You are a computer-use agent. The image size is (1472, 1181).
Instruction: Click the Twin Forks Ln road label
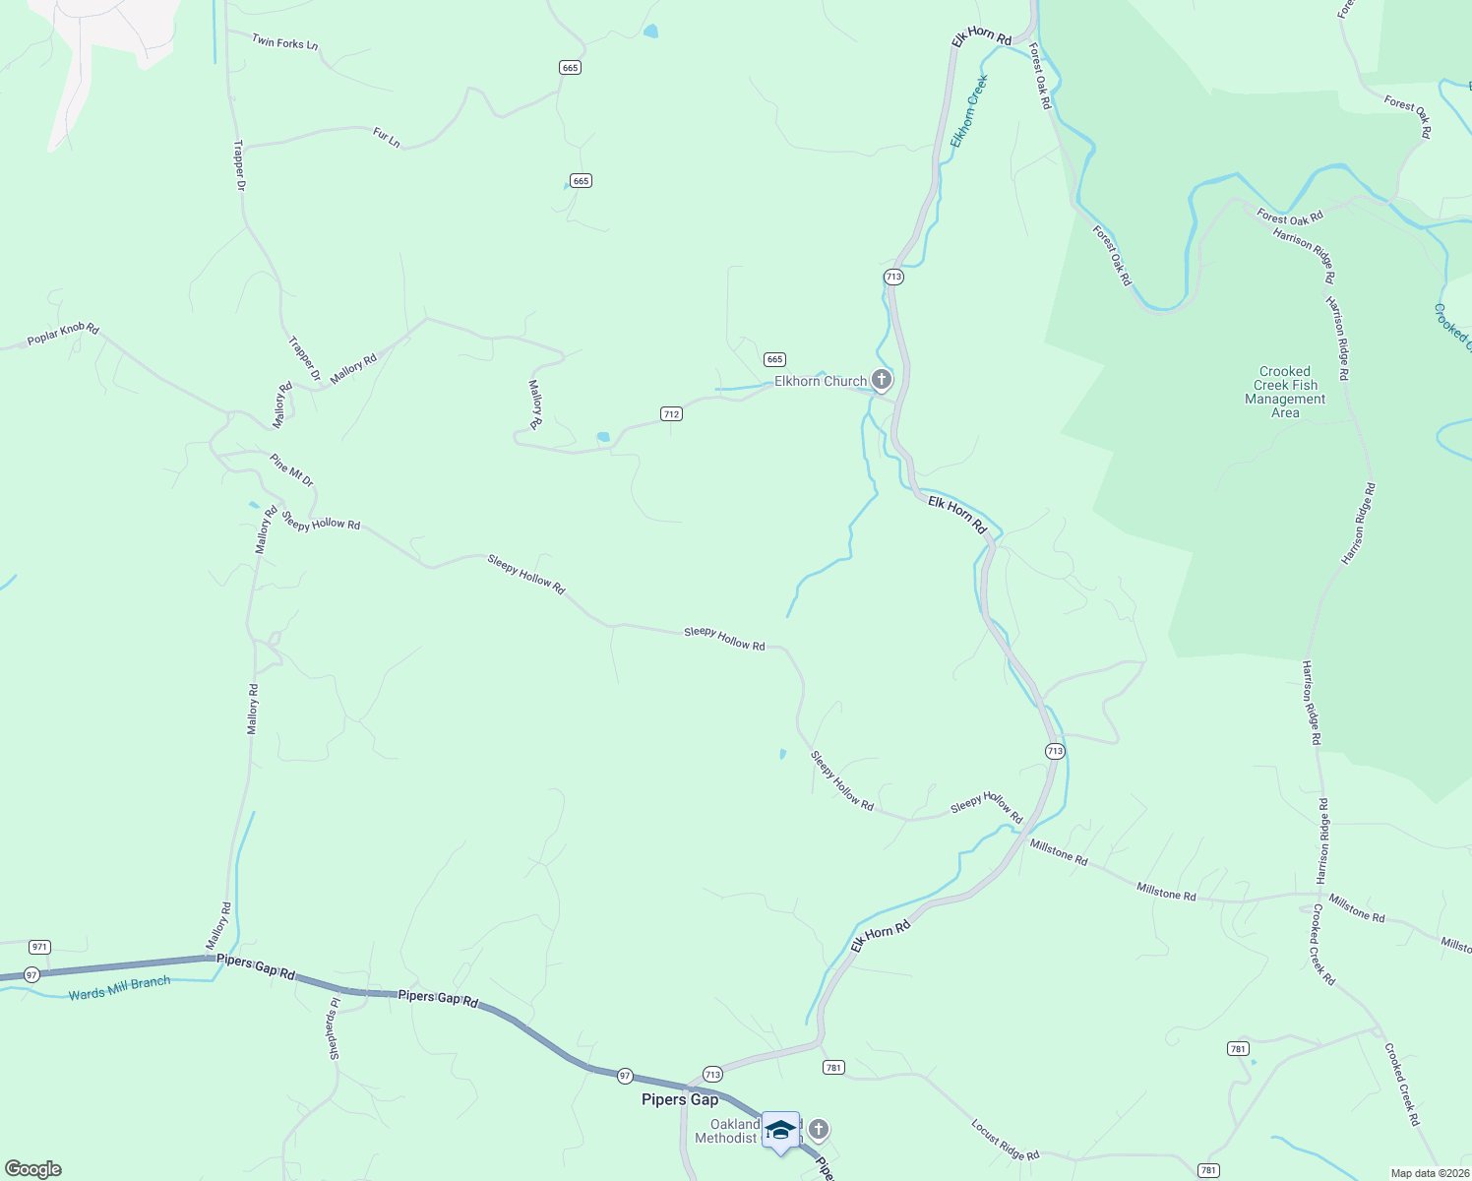pos(284,42)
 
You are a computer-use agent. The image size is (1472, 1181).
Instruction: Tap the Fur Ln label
pos(387,138)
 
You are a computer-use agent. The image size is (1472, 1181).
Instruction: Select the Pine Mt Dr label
pos(291,469)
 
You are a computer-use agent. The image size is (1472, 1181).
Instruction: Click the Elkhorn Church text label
pos(821,381)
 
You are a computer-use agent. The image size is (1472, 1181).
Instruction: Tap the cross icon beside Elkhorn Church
pos(882,379)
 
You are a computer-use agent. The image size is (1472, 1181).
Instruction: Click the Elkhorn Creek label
pos(968,112)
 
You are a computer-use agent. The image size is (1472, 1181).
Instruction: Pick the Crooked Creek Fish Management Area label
pos(1285,393)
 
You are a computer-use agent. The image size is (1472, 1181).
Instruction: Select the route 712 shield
pos(671,414)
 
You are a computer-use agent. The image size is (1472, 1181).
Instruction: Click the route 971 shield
pos(39,947)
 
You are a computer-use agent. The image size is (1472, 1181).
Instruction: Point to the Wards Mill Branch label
pos(119,988)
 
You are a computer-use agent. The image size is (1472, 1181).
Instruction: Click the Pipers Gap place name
pos(680,1099)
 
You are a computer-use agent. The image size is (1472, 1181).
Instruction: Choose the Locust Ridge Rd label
pos(1005,1140)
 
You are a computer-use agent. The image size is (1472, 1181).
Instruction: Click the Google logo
pos(32,1169)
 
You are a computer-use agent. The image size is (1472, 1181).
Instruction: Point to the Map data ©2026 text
pos(1429,1173)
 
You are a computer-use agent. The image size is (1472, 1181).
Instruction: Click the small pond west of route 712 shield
pos(603,436)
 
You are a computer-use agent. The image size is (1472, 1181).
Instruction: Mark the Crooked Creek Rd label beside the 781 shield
pos(1401,1085)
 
